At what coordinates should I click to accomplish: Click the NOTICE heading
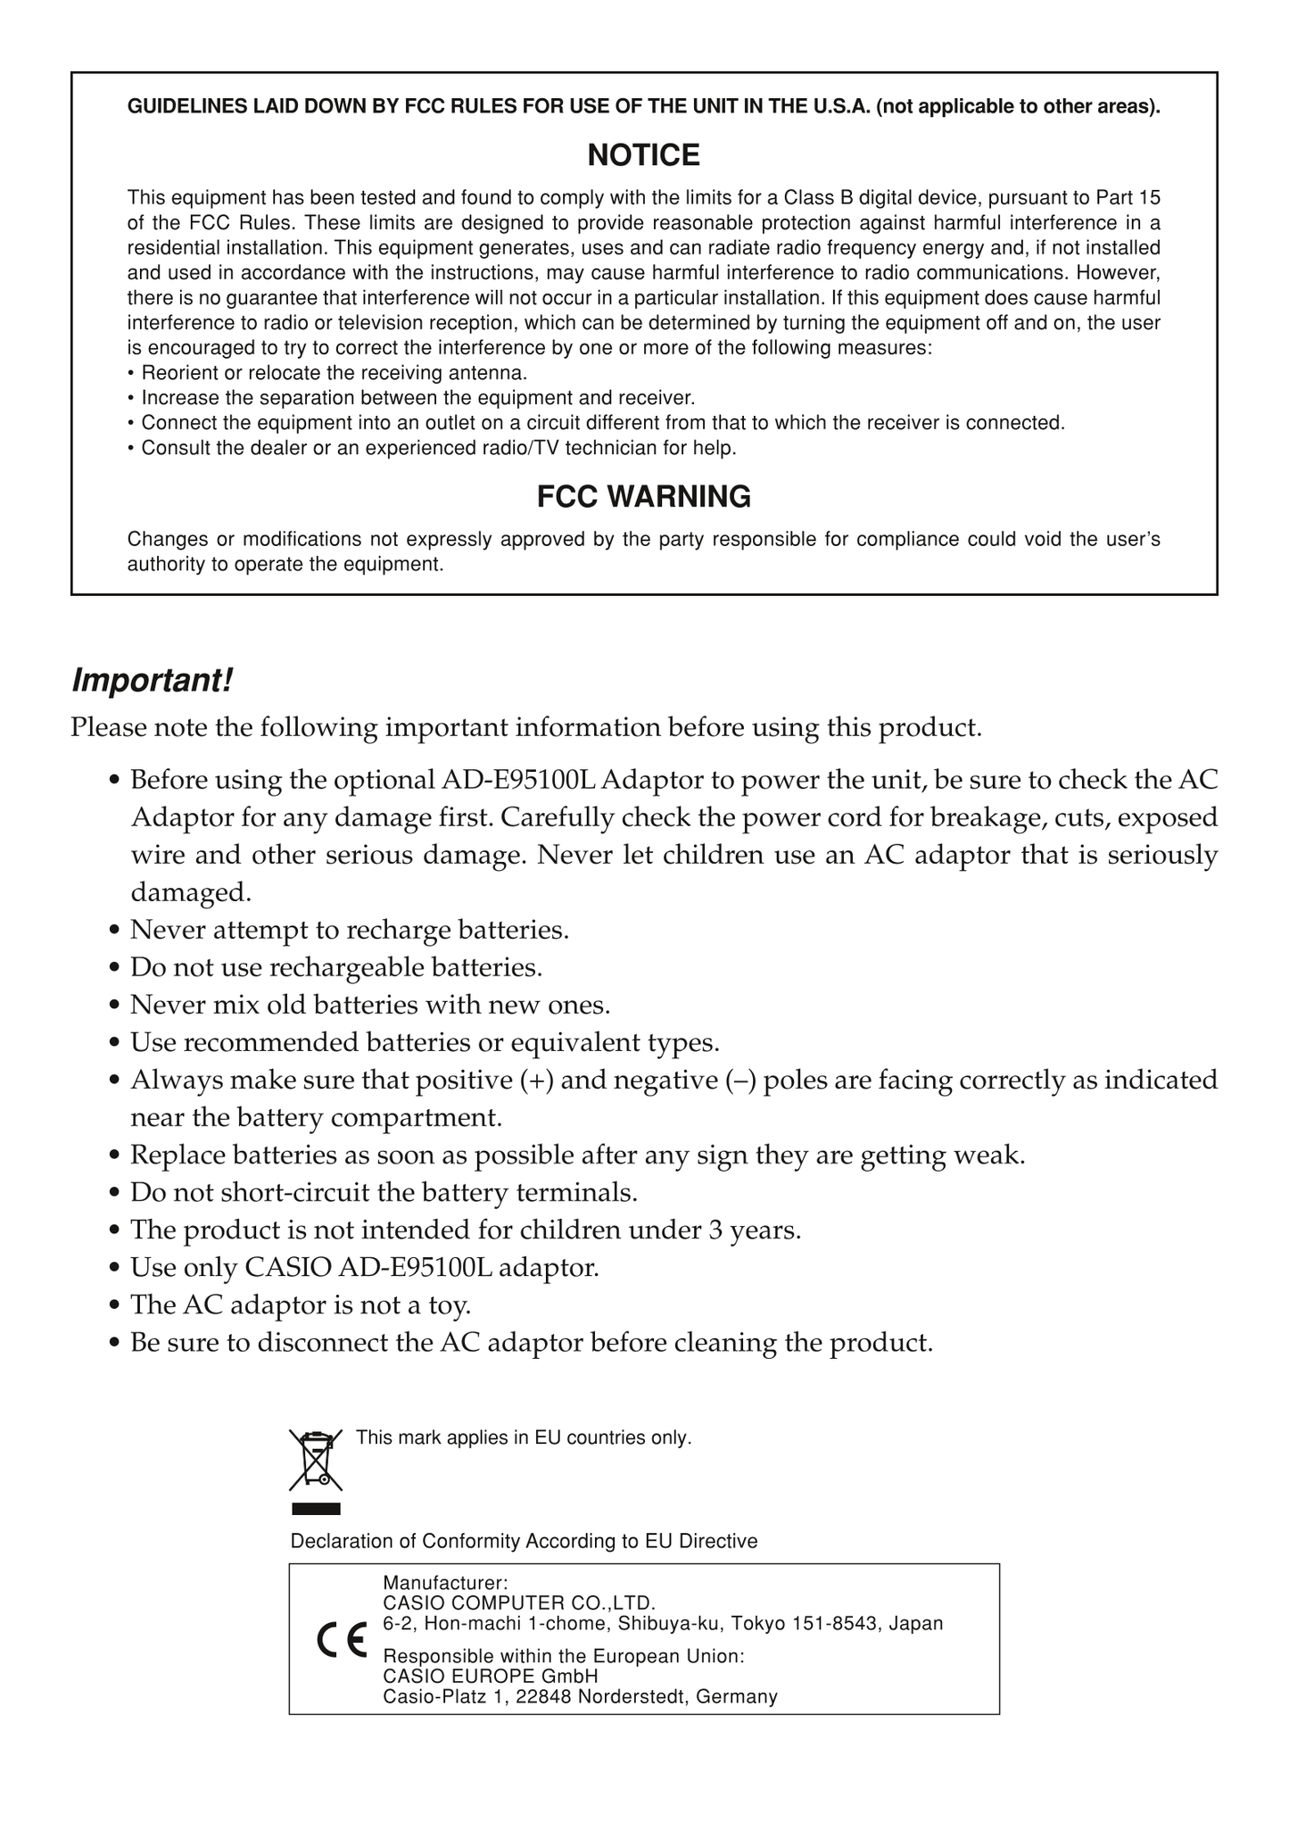(643, 155)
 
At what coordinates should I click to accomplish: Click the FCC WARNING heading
(643, 496)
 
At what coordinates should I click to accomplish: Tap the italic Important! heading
(152, 681)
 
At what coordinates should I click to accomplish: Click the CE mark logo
(342, 1640)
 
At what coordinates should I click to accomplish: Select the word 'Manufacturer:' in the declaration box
(445, 1583)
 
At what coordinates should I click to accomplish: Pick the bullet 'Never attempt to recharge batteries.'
(349, 930)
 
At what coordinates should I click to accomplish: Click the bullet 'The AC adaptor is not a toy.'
(300, 1304)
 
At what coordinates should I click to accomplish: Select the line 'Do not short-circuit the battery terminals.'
(384, 1192)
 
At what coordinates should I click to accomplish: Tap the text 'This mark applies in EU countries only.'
(524, 1437)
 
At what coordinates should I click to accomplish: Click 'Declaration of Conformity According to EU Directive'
(524, 1541)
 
